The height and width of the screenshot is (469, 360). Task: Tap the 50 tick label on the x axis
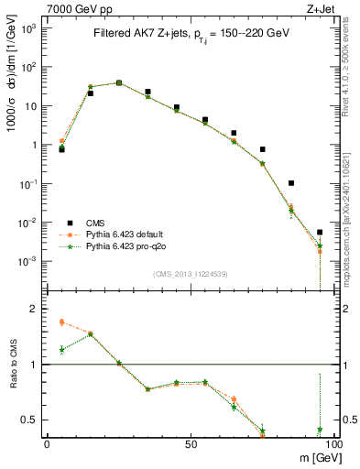click(190, 444)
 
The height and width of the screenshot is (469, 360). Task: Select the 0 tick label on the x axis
click(47, 444)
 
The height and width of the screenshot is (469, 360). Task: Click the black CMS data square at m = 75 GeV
click(262, 149)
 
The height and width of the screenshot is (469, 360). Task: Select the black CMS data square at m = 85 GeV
click(290, 183)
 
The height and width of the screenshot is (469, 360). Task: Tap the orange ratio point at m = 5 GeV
click(61, 322)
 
